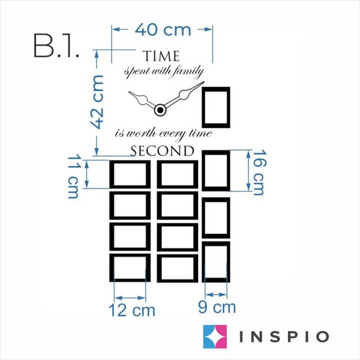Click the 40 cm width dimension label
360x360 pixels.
(x=163, y=30)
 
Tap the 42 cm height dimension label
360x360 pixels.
(x=97, y=102)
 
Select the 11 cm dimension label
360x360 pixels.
(x=73, y=176)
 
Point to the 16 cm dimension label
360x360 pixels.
(x=260, y=172)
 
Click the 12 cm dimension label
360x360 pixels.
(x=132, y=310)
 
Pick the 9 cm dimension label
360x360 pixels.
(x=217, y=307)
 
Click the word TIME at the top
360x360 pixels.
(x=161, y=56)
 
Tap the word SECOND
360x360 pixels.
(x=163, y=151)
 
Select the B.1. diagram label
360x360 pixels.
(x=57, y=46)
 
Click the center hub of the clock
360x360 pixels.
(x=160, y=110)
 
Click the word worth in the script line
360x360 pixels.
(x=141, y=133)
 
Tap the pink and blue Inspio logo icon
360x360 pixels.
(x=215, y=337)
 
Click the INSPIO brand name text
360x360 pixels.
(x=284, y=337)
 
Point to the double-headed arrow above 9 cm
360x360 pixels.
(x=216, y=295)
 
